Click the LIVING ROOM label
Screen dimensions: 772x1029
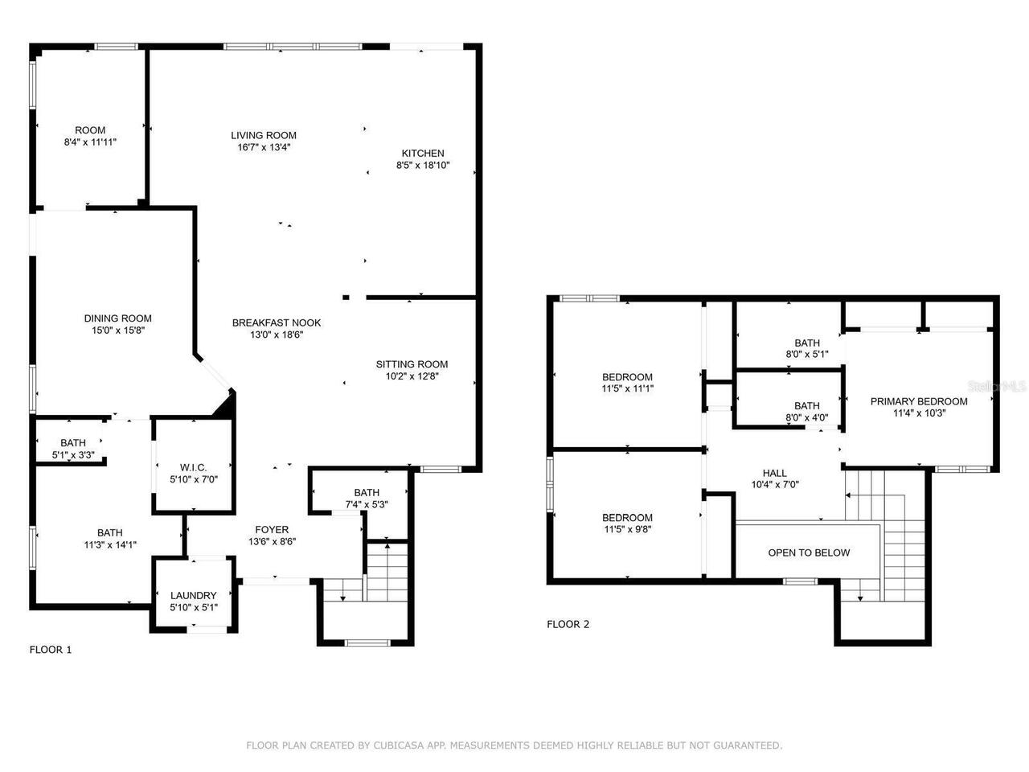click(x=264, y=135)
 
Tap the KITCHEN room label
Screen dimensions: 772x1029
click(x=423, y=154)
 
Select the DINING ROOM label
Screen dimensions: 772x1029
click(x=117, y=318)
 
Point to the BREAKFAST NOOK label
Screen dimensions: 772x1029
click(x=277, y=322)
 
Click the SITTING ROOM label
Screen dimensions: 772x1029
click(x=412, y=364)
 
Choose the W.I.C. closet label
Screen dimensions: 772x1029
click(x=193, y=467)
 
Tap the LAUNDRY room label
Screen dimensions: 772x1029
click(x=193, y=596)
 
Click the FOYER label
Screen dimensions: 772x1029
click(x=272, y=529)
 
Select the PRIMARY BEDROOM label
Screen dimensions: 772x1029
click(x=919, y=401)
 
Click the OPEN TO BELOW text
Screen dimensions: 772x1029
click(x=809, y=552)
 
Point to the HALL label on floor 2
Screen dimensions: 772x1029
click(x=774, y=473)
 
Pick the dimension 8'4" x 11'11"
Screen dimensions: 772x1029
click(x=90, y=142)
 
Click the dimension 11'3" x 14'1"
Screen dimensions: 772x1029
click(x=110, y=544)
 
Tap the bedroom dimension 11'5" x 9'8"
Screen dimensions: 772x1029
click(x=627, y=530)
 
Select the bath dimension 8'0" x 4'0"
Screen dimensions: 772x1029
click(x=807, y=417)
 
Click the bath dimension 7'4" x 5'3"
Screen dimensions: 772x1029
click(x=366, y=505)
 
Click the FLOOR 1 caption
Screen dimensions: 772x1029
click(x=51, y=650)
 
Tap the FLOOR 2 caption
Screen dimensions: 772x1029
click(x=568, y=624)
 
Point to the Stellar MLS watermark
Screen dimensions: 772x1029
click(x=997, y=387)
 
